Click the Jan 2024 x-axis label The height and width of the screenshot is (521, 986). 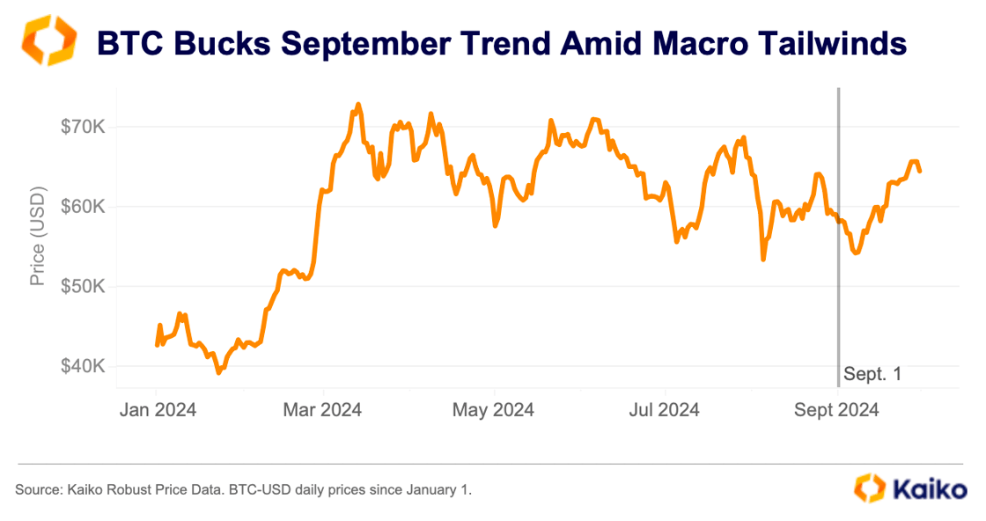point(157,410)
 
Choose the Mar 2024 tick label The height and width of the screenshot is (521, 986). point(324,410)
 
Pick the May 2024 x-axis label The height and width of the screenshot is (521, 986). point(495,410)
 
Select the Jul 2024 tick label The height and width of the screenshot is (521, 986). point(665,410)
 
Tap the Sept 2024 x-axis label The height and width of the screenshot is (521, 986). point(836,410)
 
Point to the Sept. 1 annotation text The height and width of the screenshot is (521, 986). point(872,374)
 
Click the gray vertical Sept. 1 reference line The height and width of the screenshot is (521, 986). point(838,264)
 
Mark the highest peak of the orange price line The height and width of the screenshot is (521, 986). point(357,105)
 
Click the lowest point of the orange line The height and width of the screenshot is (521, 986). point(218,373)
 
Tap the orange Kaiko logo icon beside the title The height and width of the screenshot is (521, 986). point(49,40)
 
